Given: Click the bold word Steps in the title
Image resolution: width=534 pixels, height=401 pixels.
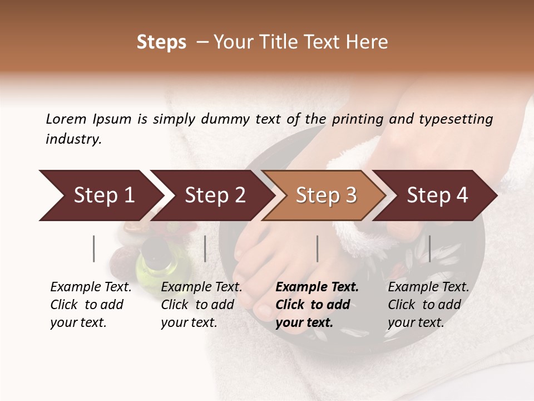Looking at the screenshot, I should [x=161, y=42].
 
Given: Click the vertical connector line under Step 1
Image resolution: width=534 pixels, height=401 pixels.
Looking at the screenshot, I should [x=94, y=248].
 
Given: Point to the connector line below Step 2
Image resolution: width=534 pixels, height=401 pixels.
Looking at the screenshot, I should [x=205, y=248].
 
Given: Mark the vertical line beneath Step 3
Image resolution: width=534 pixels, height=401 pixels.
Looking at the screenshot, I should [x=318, y=248].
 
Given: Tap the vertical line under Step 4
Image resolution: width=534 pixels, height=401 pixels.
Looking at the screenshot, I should [x=429, y=248].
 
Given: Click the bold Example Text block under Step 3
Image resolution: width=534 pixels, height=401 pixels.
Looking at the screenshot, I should [x=317, y=305].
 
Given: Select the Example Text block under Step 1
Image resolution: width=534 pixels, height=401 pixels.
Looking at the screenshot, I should [x=91, y=305].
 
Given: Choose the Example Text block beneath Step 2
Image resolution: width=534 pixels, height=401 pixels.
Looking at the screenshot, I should [x=201, y=305].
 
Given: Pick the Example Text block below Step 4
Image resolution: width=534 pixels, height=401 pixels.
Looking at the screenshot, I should [x=428, y=305].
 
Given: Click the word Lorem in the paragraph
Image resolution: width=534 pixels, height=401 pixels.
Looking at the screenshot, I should [x=66, y=119].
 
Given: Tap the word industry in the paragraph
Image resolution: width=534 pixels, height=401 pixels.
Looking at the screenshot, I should [x=73, y=139].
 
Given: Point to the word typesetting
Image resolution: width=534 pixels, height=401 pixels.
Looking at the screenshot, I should [x=456, y=119].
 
